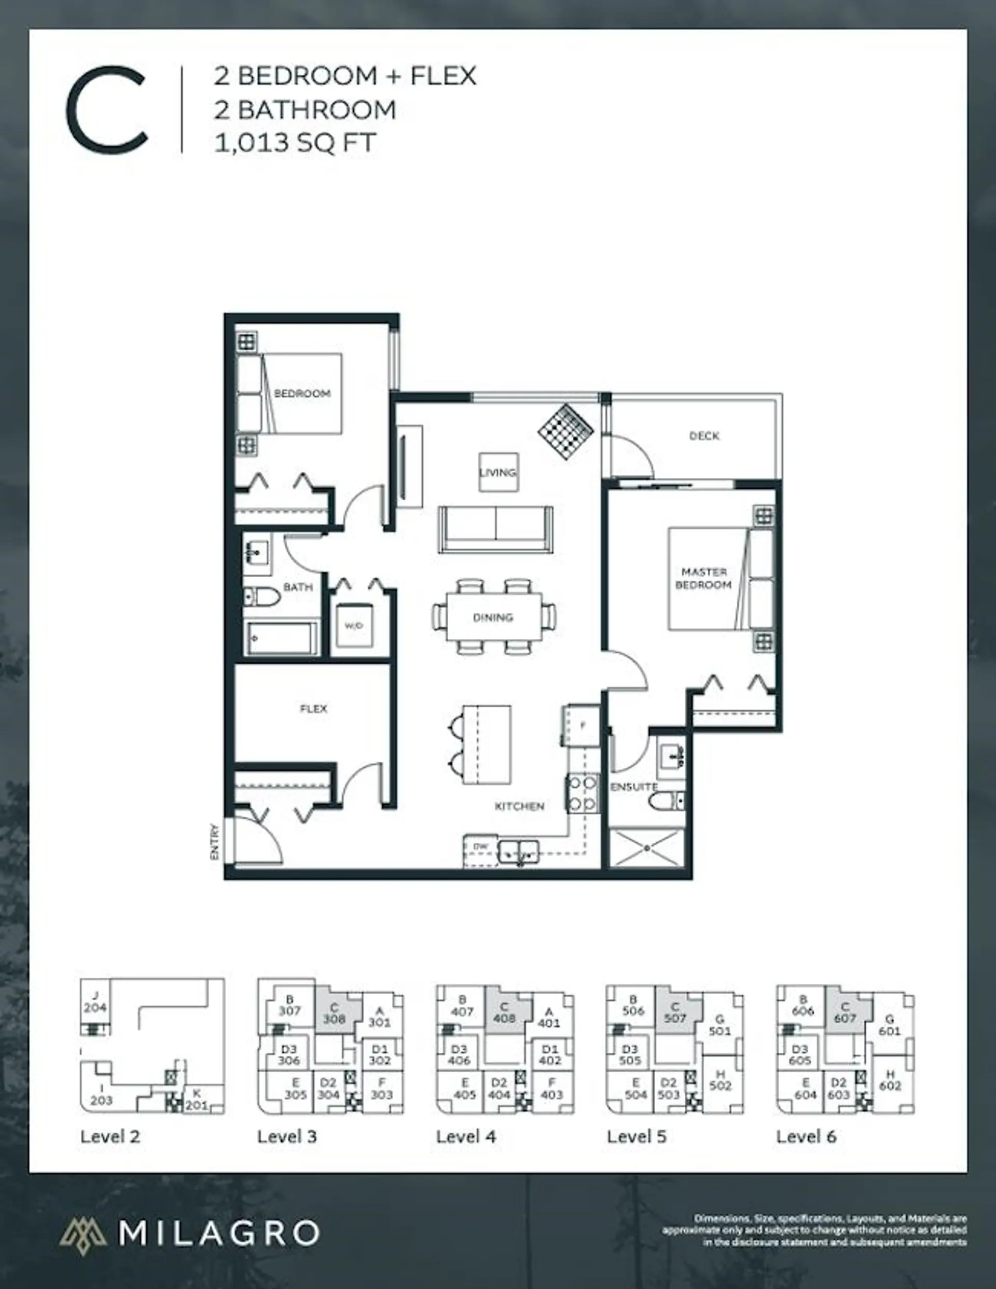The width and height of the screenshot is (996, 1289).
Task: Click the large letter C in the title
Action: [x=107, y=110]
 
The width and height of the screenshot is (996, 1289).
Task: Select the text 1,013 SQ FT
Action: [x=295, y=143]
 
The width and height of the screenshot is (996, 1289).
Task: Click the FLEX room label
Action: [x=313, y=708]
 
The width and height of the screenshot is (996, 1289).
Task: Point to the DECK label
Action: [x=704, y=435]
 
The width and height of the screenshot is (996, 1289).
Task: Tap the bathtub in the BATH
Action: [x=280, y=638]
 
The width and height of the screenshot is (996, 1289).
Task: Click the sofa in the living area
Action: [x=495, y=529]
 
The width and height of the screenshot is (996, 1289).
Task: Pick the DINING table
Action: [x=494, y=618]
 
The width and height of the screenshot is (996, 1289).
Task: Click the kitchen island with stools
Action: [x=485, y=744]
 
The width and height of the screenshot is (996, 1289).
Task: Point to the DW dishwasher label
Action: [x=481, y=846]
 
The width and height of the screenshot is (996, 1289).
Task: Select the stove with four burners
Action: [x=583, y=794]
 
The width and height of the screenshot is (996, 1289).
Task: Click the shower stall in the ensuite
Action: [x=647, y=848]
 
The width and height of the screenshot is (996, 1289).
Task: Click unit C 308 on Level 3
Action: [x=335, y=1013]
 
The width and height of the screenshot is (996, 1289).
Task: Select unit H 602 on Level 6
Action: [x=890, y=1079]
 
